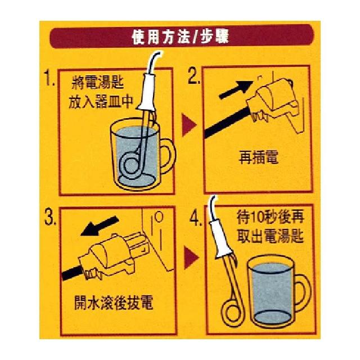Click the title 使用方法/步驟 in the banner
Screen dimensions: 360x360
click(180, 37)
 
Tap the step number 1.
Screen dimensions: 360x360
click(49, 78)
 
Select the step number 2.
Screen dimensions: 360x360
click(193, 76)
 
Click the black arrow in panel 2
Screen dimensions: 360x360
click(236, 89)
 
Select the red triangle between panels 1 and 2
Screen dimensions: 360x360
click(189, 125)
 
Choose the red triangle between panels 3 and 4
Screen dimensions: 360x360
click(191, 258)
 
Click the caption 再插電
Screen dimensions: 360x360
click(259, 157)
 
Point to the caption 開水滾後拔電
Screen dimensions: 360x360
click(114, 303)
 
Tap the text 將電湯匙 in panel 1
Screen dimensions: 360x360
click(98, 83)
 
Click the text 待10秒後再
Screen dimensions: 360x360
click(271, 217)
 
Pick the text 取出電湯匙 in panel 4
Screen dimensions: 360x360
click(271, 236)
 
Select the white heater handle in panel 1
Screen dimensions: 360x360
click(147, 92)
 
